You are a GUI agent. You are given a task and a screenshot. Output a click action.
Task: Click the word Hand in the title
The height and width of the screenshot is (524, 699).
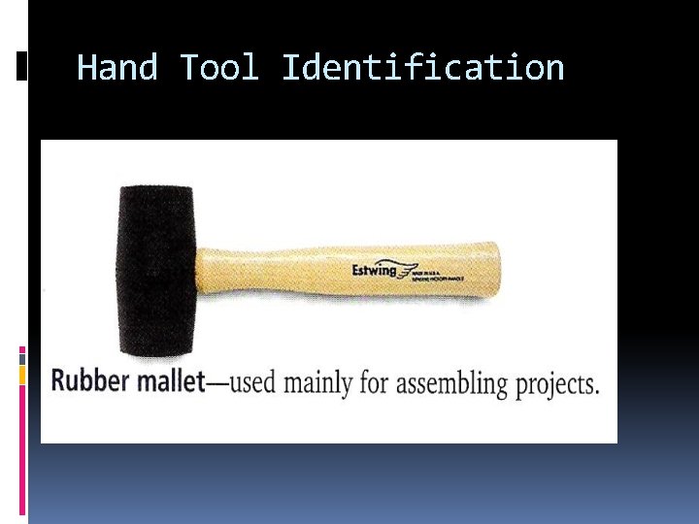[116, 68]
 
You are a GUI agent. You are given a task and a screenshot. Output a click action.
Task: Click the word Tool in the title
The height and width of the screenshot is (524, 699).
[219, 68]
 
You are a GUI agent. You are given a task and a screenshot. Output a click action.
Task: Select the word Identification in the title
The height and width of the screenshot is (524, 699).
[422, 68]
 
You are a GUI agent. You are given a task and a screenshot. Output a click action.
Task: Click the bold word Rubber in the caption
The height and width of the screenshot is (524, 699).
[89, 380]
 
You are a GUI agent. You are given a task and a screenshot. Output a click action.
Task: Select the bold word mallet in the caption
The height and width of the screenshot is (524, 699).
[169, 380]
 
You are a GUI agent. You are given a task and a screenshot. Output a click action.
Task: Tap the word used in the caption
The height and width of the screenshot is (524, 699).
[252, 382]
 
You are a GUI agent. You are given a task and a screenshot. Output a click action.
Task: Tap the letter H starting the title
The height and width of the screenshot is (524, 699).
[87, 68]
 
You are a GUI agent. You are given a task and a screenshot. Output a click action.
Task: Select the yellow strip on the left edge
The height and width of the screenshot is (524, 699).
[22, 374]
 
